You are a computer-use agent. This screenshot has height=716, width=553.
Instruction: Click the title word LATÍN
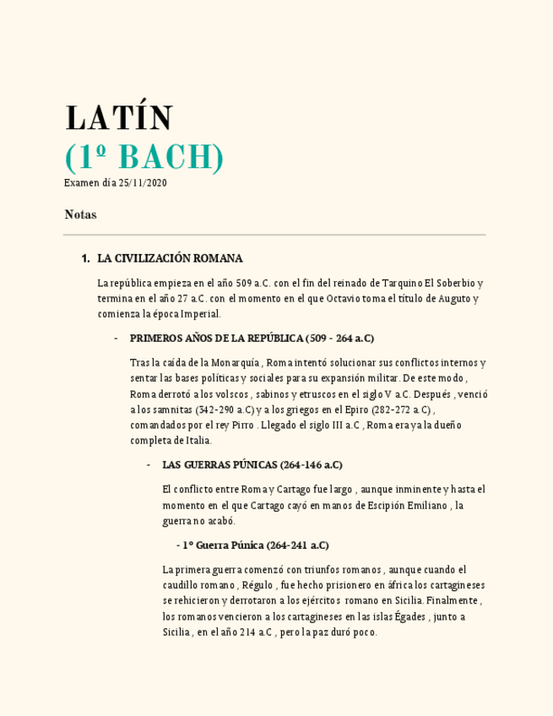(119, 117)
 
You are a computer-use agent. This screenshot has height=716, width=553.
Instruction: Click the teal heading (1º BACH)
(144, 157)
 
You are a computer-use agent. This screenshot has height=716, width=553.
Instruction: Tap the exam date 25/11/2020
(143, 183)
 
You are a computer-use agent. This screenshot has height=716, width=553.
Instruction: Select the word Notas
(80, 214)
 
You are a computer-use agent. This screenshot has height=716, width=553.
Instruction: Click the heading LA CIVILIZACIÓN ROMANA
(170, 258)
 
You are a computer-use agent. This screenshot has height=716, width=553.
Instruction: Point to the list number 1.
(85, 258)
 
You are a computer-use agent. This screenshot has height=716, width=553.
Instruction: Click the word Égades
(409, 616)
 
